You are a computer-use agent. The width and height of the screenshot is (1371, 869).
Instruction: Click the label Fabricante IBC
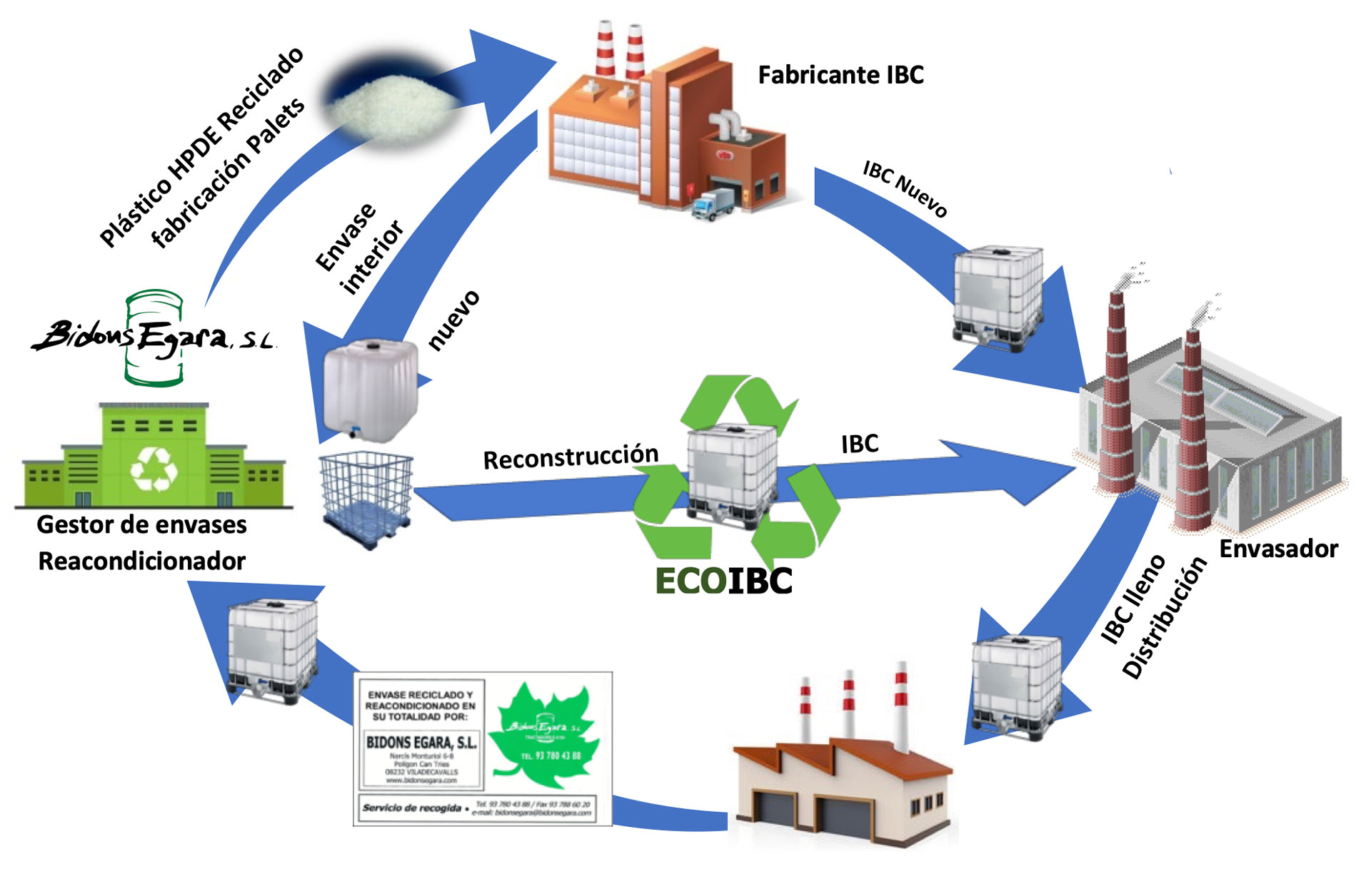click(x=840, y=75)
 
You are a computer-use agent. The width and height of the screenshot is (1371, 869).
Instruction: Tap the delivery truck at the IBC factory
click(x=712, y=203)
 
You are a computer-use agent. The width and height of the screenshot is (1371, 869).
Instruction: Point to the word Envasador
click(x=1278, y=549)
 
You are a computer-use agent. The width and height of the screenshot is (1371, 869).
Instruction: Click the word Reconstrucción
click(x=571, y=457)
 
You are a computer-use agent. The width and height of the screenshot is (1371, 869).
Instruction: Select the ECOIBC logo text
click(x=723, y=581)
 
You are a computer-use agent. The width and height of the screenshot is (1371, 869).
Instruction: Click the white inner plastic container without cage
click(x=370, y=389)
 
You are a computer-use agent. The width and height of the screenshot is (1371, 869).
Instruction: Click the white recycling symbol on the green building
click(x=154, y=469)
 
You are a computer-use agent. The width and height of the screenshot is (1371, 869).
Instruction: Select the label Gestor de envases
click(x=141, y=525)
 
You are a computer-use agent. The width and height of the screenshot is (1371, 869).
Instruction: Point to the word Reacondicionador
click(x=141, y=561)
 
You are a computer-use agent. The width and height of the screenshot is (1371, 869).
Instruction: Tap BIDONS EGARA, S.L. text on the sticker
click(x=421, y=742)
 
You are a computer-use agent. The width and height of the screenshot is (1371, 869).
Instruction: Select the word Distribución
click(x=1164, y=618)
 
